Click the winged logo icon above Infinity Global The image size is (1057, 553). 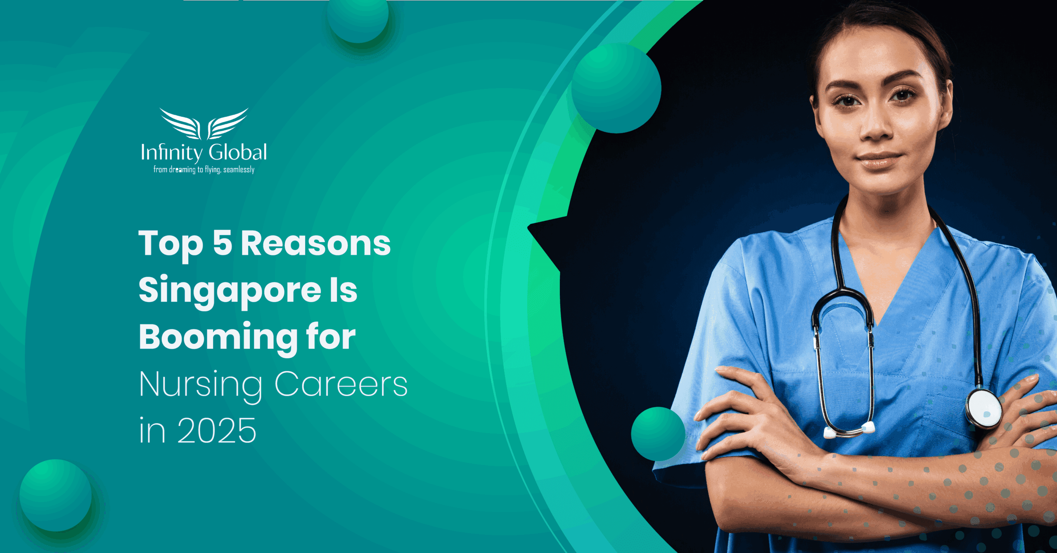point(204,124)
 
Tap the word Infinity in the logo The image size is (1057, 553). point(171,152)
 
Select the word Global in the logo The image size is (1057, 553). point(237,152)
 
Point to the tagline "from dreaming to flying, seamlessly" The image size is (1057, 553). point(204,169)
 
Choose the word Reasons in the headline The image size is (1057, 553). point(315,243)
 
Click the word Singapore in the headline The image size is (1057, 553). point(230,290)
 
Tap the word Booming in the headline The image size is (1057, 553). point(218,337)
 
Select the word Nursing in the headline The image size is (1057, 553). point(201,384)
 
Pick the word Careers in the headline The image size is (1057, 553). point(341,384)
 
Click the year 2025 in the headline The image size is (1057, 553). point(217,431)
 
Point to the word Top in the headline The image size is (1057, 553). point(171,244)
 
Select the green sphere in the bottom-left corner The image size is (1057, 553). point(56,495)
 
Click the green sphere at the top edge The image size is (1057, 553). point(358,19)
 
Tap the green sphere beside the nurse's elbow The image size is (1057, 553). point(658,434)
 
